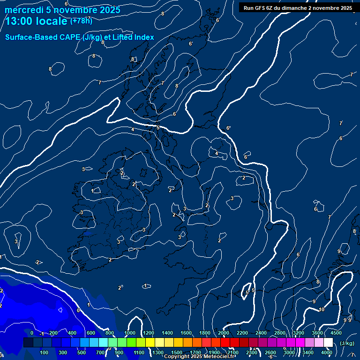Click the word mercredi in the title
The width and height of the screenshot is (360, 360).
click(x=23, y=10)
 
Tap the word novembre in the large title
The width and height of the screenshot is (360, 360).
click(x=75, y=10)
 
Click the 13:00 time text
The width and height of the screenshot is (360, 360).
click(x=21, y=21)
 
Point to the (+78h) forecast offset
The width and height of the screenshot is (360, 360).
click(x=81, y=21)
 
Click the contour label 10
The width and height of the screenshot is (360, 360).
click(x=322, y=309)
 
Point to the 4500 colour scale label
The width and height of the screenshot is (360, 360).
click(x=336, y=333)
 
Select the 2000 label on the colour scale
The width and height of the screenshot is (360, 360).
click(x=224, y=333)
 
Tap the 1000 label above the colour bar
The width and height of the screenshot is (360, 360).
click(x=130, y=333)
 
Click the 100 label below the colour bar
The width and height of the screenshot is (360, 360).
click(x=45, y=352)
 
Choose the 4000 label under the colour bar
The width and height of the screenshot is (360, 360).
click(x=327, y=352)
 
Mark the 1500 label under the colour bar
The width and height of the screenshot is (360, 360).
click(x=177, y=352)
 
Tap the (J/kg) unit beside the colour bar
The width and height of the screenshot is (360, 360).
click(x=346, y=343)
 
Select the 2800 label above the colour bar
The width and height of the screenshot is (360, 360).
click(x=280, y=333)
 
